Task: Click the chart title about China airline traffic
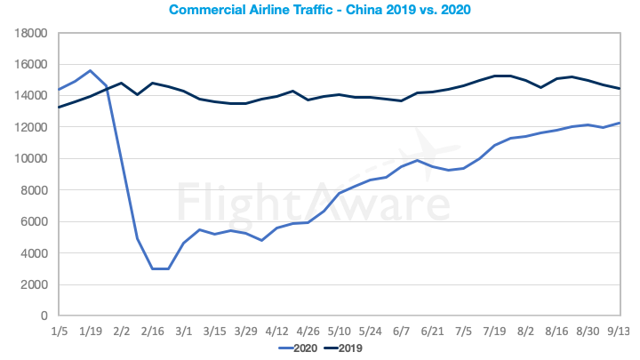(x=320, y=12)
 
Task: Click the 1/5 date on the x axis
(x=59, y=331)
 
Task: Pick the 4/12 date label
(x=277, y=331)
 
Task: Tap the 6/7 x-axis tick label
(x=403, y=331)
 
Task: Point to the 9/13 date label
(x=620, y=331)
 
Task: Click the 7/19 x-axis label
(x=496, y=331)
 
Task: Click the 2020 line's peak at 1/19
(x=90, y=70)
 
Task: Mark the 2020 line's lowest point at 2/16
(x=153, y=268)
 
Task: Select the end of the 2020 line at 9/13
(x=620, y=123)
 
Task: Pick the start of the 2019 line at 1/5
(x=59, y=108)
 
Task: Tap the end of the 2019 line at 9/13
(x=620, y=89)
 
